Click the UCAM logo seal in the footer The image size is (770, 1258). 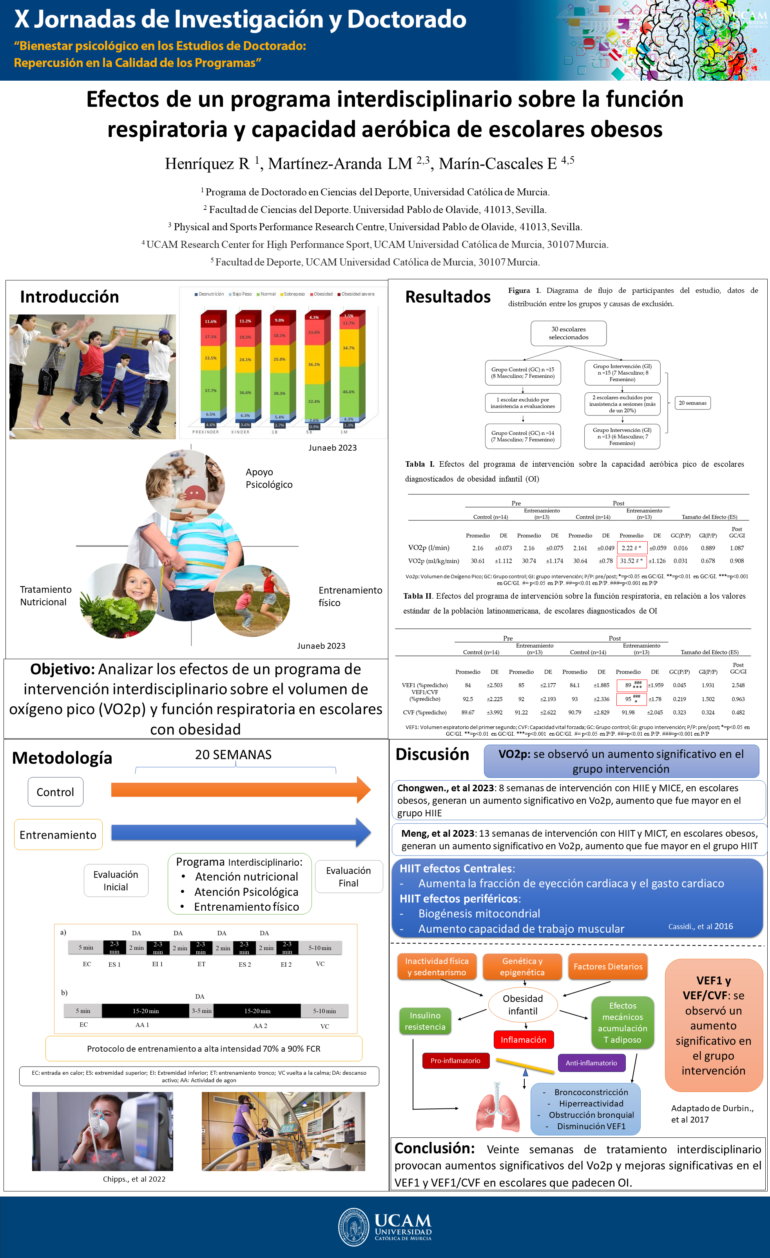click(353, 1227)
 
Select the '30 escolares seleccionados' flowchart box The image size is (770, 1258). click(568, 333)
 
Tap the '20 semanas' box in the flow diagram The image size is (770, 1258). click(692, 403)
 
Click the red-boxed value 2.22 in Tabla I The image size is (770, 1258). click(632, 548)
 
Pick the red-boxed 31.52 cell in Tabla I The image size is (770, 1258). click(632, 561)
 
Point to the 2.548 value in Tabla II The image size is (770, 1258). click(738, 685)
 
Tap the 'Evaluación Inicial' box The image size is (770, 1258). click(116, 881)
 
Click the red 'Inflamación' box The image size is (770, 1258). click(523, 1040)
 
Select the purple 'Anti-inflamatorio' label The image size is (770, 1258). click(591, 1063)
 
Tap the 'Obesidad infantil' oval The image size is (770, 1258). click(523, 1005)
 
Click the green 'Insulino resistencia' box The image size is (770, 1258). click(425, 1021)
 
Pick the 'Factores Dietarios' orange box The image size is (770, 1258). click(607, 966)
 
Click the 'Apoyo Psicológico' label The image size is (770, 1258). click(269, 478)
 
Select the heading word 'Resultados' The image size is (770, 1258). click(448, 297)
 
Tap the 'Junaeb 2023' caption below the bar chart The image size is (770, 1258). click(332, 448)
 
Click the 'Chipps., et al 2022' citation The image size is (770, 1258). click(134, 1179)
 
